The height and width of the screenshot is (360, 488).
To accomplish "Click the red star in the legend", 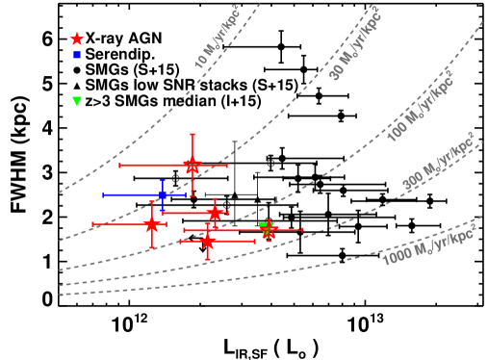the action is (x=77, y=39).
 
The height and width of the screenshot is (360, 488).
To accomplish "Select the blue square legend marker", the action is (x=77, y=55).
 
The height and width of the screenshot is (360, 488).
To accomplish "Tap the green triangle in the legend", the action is (x=77, y=101).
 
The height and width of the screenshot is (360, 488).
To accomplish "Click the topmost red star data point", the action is (x=193, y=166).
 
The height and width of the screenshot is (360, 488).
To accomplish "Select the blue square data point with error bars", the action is (x=163, y=194).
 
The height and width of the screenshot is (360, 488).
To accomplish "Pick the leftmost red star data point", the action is (x=151, y=224).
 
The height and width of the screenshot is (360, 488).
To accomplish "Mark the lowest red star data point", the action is (x=207, y=241).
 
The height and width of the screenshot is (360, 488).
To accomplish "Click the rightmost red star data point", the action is (x=269, y=230).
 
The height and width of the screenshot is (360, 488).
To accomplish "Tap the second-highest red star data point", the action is (x=214, y=213).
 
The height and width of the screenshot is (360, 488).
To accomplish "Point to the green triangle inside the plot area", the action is (x=262, y=227).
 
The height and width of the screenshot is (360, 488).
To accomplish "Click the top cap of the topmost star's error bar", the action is (x=193, y=135).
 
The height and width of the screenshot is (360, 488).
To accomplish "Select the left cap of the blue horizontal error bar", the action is (x=103, y=194).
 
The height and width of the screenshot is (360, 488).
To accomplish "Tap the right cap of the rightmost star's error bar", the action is (x=302, y=230).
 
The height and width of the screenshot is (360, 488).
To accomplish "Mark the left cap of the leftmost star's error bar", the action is (x=92, y=224).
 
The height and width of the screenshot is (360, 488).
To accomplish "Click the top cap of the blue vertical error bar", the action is (x=163, y=180).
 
